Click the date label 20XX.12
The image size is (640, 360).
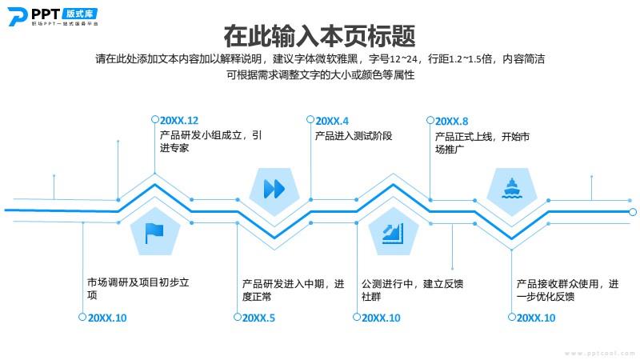click(x=178, y=121)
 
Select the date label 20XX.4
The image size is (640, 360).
click(x=332, y=122)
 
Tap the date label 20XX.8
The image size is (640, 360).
click(x=451, y=122)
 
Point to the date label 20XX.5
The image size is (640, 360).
click(x=258, y=318)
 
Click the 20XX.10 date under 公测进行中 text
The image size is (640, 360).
click(x=381, y=318)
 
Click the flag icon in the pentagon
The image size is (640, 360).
click(x=154, y=234)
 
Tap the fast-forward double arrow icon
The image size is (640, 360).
click(x=274, y=189)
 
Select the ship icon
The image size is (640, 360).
click(x=511, y=189)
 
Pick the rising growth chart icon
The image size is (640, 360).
click(x=393, y=234)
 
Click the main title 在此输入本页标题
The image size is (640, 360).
click(x=319, y=36)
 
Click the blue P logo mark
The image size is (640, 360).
click(x=18, y=17)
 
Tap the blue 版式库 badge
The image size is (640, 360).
click(x=79, y=14)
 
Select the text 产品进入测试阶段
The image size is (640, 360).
click(x=354, y=136)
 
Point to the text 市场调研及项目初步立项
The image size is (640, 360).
click(x=138, y=289)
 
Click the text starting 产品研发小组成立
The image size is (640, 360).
click(x=210, y=142)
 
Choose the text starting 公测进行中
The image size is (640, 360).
click(x=412, y=290)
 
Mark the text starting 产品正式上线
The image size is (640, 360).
click(x=482, y=142)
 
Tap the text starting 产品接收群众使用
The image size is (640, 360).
click(x=567, y=290)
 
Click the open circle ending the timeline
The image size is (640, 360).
click(x=633, y=212)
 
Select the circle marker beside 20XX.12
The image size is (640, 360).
click(x=154, y=119)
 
